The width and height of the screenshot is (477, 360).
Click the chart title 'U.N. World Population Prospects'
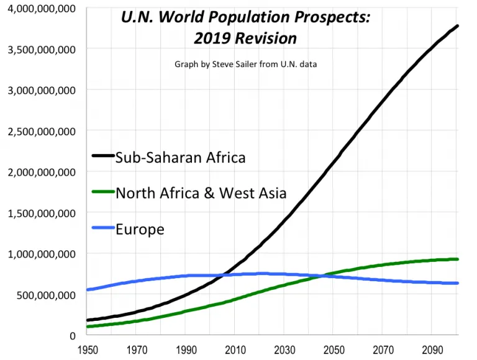(245, 17)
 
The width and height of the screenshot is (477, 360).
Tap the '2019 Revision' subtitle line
(245, 38)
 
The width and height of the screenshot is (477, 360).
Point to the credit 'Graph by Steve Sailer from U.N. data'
(246, 64)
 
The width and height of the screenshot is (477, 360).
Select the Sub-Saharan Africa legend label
(180, 157)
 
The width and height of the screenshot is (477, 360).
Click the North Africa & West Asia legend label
(201, 192)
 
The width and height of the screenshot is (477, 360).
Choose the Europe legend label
(140, 229)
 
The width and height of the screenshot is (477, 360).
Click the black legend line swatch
(103, 156)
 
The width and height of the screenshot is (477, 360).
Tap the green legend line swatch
(103, 192)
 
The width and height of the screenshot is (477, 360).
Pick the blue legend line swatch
(103, 228)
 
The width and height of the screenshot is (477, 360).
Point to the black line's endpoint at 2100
(458, 26)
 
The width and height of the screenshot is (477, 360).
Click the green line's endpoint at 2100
(458, 259)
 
